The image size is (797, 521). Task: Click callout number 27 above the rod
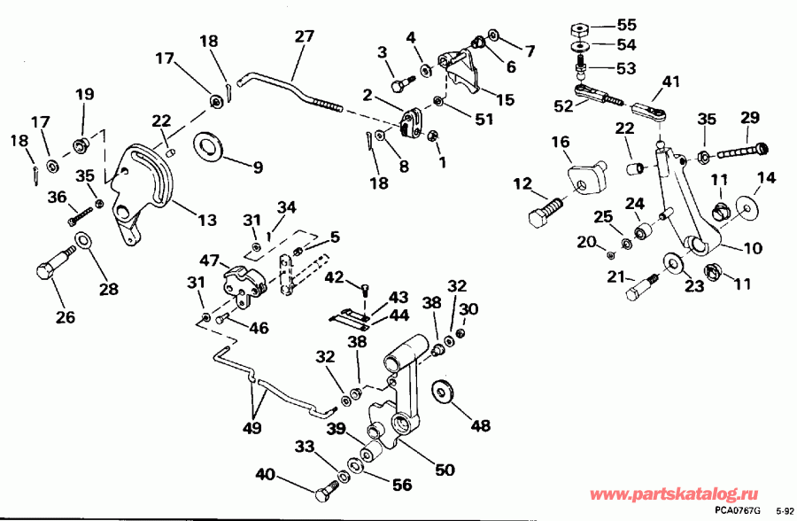(x=304, y=37)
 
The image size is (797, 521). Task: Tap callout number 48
(x=480, y=426)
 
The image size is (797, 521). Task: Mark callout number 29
(x=750, y=117)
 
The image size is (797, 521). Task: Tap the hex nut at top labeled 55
(x=582, y=27)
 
